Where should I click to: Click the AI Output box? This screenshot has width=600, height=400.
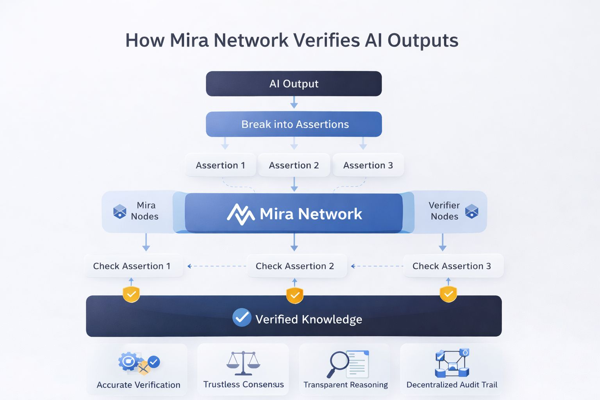click(x=294, y=84)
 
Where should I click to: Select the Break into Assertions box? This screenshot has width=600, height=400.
click(x=294, y=124)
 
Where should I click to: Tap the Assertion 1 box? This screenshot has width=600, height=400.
click(x=220, y=165)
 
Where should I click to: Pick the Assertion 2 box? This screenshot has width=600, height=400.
click(x=294, y=165)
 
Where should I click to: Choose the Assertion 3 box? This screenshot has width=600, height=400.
click(x=368, y=165)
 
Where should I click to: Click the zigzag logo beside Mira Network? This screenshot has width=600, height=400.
click(x=241, y=214)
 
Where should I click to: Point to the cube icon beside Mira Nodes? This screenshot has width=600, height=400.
click(x=120, y=211)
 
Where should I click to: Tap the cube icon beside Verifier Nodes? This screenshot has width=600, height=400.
click(x=472, y=211)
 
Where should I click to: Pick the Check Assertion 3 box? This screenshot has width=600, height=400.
click(x=452, y=266)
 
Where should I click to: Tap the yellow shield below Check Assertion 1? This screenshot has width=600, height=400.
click(x=131, y=294)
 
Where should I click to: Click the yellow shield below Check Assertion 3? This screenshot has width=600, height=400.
click(x=448, y=294)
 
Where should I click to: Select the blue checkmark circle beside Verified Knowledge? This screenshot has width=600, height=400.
click(x=242, y=318)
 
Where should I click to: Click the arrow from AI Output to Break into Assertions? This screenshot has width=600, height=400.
click(x=294, y=103)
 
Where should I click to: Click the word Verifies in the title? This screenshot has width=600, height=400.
click(x=327, y=40)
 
